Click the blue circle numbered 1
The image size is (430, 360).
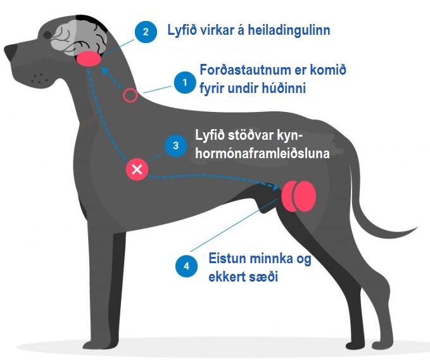(x=185, y=82)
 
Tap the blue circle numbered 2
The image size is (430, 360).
(x=146, y=32)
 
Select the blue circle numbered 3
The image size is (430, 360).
(x=176, y=146)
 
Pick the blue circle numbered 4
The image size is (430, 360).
(x=186, y=266)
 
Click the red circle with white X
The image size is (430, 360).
(x=137, y=170)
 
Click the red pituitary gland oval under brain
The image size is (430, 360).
(x=89, y=59)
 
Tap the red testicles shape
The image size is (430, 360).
(x=299, y=196)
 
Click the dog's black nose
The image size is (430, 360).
(x=10, y=52)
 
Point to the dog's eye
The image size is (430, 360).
(x=47, y=35)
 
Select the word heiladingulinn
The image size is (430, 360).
(x=289, y=30)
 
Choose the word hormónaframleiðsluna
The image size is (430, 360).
(x=262, y=153)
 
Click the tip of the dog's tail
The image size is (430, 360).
(x=417, y=227)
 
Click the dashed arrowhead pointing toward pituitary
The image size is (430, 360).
(x=104, y=71)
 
